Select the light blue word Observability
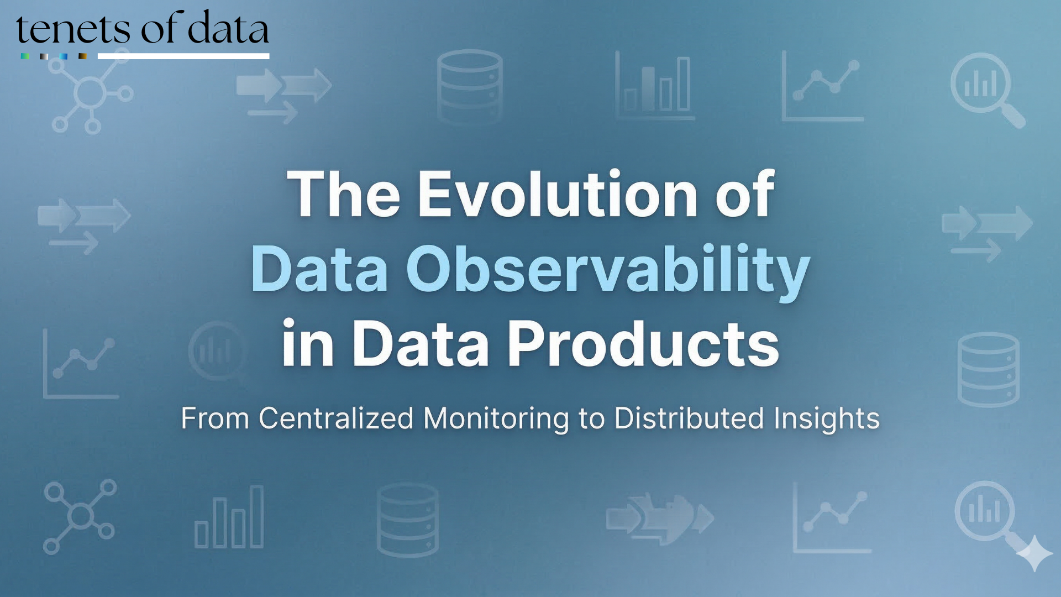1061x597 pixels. [608, 270]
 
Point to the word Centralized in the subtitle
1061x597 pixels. [336, 418]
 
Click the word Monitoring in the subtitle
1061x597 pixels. [496, 418]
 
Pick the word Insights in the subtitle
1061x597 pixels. [826, 418]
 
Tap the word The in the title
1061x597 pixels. [343, 195]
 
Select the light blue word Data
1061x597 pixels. [319, 270]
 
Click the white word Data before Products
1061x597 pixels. [420, 344]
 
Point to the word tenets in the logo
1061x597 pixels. [72, 30]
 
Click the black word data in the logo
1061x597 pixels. [228, 29]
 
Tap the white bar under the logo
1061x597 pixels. [183, 56]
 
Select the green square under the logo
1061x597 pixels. [24, 56]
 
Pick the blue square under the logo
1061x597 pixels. [64, 56]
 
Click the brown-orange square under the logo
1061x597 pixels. [82, 56]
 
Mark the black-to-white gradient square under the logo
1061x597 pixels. [44, 56]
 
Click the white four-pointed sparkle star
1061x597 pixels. [1034, 553]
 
